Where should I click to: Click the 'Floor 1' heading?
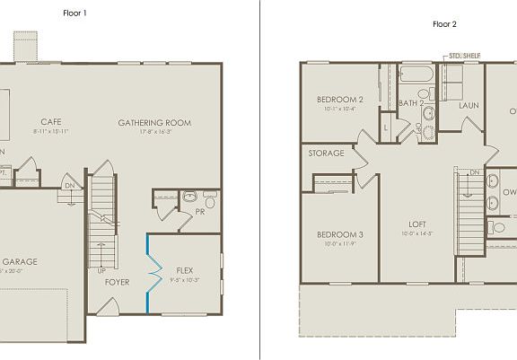pyautogui.click(x=75, y=13)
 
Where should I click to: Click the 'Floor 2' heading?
pyautogui.click(x=444, y=24)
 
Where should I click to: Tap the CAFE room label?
pyautogui.click(x=49, y=121)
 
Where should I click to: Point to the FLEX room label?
pyautogui.click(x=184, y=269)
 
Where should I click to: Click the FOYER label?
pyautogui.click(x=117, y=282)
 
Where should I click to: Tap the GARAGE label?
pyautogui.click(x=24, y=261)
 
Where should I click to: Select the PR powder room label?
pyautogui.click(x=200, y=213)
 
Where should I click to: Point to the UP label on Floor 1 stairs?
pyautogui.click(x=101, y=269)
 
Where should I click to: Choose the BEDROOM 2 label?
pyautogui.click(x=339, y=99)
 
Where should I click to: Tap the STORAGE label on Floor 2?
pyautogui.click(x=326, y=154)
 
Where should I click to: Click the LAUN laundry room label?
pyautogui.click(x=468, y=105)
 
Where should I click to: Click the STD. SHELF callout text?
pyautogui.click(x=464, y=56)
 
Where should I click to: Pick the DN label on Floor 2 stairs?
pyautogui.click(x=475, y=172)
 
